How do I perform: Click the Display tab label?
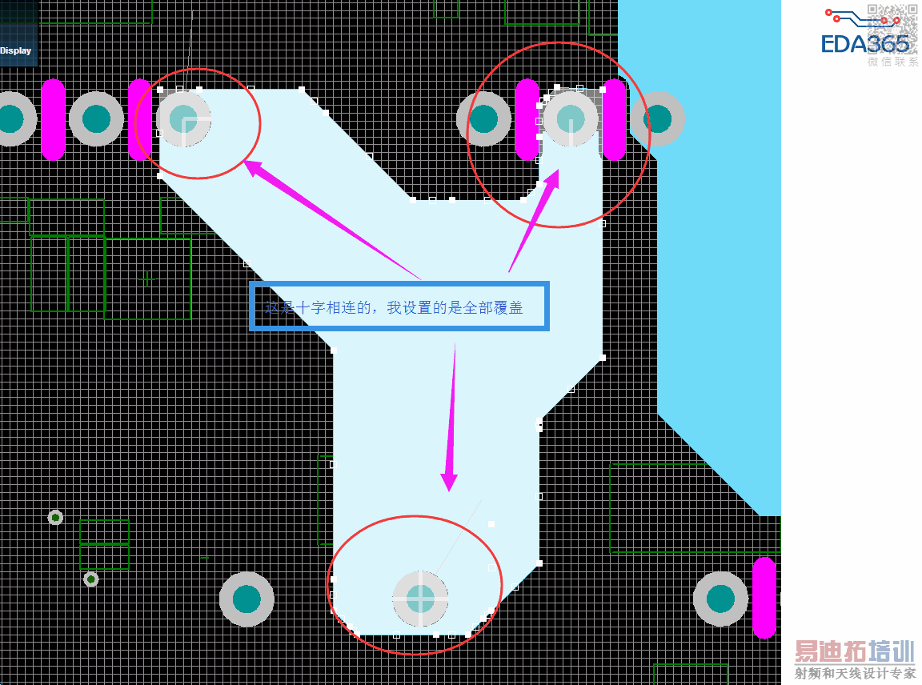pyautogui.click(x=16, y=50)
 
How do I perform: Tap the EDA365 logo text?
pyautogui.click(x=865, y=43)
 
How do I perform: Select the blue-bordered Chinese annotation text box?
pyautogui.click(x=399, y=306)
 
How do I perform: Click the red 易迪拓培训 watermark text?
pyautogui.click(x=854, y=651)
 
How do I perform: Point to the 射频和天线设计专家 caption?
pyautogui.click(x=855, y=673)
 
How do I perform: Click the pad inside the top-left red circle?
pyautogui.click(x=184, y=119)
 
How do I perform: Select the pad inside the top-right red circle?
pyautogui.click(x=571, y=118)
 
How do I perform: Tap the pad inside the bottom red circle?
pyautogui.click(x=420, y=598)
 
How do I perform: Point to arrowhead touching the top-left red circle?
pyautogui.click(x=255, y=167)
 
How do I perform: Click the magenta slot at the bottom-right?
pyautogui.click(x=764, y=597)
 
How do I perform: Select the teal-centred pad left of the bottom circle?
pyautogui.click(x=247, y=599)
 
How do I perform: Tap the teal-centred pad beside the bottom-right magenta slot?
pyautogui.click(x=720, y=599)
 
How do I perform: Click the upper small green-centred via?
pyautogui.click(x=55, y=517)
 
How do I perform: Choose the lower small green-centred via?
pyautogui.click(x=91, y=579)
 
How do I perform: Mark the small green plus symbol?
pyautogui.click(x=147, y=278)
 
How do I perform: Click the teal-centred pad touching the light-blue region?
pyautogui.click(x=657, y=118)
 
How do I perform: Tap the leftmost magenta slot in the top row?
pyautogui.click(x=53, y=119)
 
